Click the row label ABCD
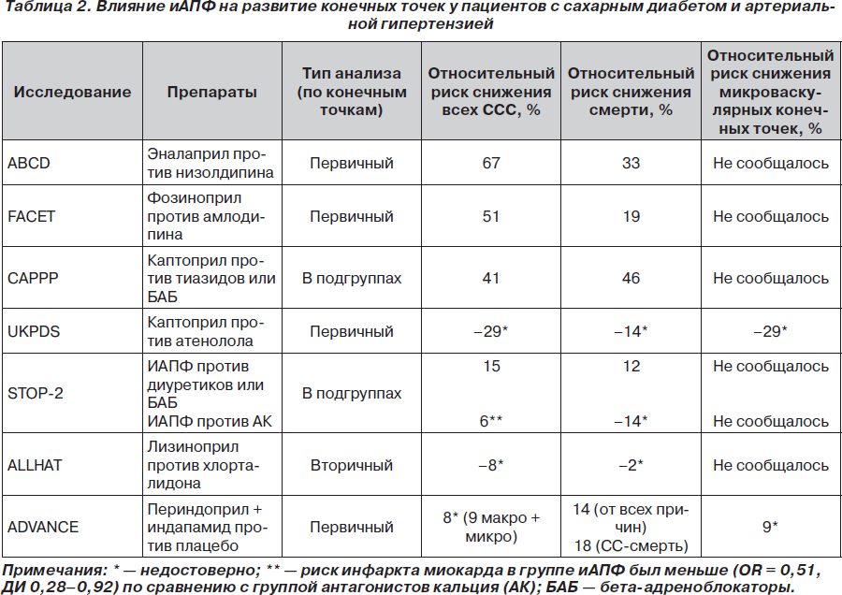click(x=28, y=163)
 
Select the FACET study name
click(x=31, y=216)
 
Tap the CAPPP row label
click(x=33, y=278)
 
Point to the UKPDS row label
click(x=34, y=331)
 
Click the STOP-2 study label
click(x=35, y=393)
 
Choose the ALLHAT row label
click(x=35, y=465)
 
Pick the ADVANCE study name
click(x=43, y=527)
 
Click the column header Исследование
click(x=72, y=92)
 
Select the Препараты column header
click(x=212, y=92)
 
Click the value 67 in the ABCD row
click(x=491, y=163)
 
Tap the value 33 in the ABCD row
click(x=631, y=163)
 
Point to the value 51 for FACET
click(x=491, y=216)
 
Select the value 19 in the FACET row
click(x=631, y=216)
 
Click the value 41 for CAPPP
click(x=491, y=278)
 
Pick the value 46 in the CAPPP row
click(x=631, y=278)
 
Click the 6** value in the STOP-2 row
click(x=491, y=421)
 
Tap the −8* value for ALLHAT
click(x=491, y=465)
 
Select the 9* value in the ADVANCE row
click(x=771, y=527)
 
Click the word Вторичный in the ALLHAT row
click(x=352, y=465)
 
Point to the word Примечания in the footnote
click(x=55, y=571)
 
